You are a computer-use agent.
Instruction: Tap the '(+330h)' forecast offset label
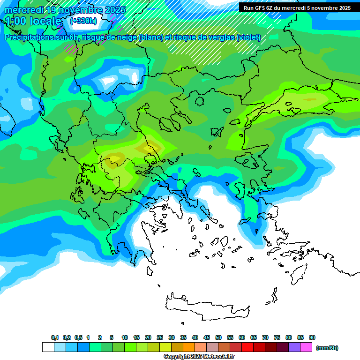coord(83,21)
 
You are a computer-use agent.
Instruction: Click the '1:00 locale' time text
coord(33,21)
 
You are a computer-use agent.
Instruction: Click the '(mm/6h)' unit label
coord(327,348)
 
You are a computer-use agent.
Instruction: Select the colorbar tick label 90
coord(312,337)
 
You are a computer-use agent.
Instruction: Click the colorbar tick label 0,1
coord(55,337)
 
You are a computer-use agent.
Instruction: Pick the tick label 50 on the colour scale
coord(218,337)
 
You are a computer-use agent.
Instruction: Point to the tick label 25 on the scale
coord(160,337)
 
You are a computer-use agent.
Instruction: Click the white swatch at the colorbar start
coord(48,347)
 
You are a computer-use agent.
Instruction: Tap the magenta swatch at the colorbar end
coord(306,347)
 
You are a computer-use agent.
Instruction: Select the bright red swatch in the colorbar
coord(247,347)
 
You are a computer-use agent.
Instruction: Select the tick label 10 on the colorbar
coord(125,337)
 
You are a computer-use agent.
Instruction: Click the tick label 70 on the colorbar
coord(265,337)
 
